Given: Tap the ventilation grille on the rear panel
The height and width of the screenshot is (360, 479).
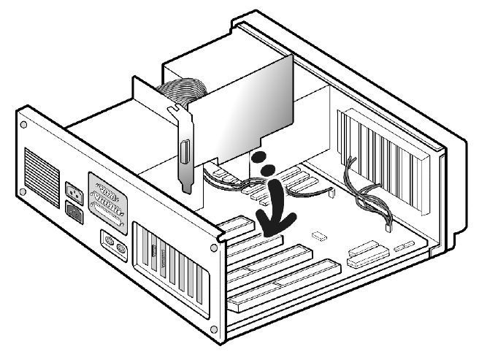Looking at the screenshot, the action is pos(42,174).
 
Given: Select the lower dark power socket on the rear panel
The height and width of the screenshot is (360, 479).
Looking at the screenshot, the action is pos(76,212).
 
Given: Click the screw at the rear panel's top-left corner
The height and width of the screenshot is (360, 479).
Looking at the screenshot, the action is pos(23,126).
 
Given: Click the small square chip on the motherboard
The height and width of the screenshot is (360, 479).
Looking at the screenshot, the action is pos(318,236).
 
